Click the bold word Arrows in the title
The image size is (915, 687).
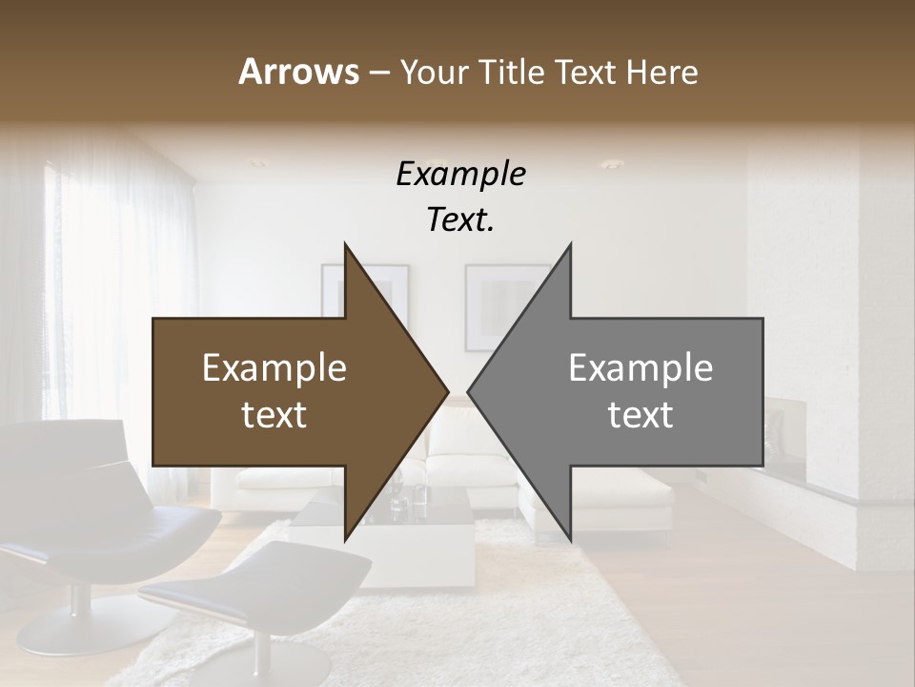point(298,72)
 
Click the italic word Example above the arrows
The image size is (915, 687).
point(460,176)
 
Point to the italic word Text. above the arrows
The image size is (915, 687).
point(460,220)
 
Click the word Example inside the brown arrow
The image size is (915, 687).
point(274,368)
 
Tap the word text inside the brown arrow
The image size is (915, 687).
point(274,415)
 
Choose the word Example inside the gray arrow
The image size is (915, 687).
point(640,368)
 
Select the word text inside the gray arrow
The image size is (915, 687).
point(640,415)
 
